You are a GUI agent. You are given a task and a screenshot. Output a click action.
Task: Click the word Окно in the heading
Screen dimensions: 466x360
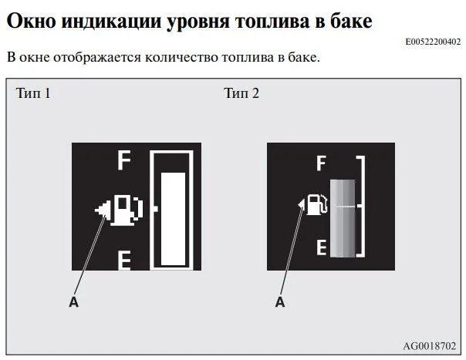tap(31, 21)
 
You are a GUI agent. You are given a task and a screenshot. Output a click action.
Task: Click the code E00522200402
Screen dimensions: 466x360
tap(433, 42)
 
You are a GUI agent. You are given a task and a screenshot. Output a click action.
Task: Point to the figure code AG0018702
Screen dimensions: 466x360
tap(429, 346)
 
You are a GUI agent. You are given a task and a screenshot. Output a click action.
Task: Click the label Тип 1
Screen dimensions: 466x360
tap(33, 93)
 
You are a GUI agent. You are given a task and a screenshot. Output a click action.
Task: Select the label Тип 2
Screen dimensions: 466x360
tap(241, 93)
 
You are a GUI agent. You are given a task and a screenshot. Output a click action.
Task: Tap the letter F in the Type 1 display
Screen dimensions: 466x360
tap(124, 160)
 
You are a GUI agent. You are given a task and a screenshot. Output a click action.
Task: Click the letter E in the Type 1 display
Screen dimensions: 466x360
tap(124, 261)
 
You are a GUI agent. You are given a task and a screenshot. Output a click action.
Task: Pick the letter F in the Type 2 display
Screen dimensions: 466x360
tap(321, 163)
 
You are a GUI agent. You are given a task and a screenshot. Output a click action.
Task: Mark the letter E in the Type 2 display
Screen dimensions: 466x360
tap(321, 247)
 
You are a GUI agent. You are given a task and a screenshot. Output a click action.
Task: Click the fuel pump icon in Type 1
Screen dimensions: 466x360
tap(127, 210)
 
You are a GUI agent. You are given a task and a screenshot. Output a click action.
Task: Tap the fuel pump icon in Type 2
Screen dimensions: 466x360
tap(316, 204)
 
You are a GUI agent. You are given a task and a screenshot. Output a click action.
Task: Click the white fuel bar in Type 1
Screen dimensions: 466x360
tap(173, 219)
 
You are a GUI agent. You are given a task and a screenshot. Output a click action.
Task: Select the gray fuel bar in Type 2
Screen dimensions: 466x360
tap(343, 218)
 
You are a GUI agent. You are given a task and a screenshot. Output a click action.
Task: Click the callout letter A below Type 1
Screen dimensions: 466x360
tap(74, 301)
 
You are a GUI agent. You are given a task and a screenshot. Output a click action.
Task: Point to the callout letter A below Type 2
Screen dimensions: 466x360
tap(280, 301)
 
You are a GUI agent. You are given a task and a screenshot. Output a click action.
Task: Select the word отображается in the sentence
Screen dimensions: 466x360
tap(97, 58)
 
